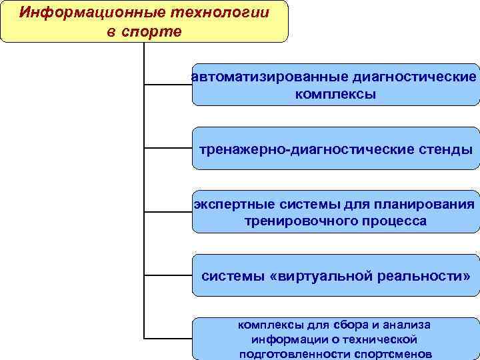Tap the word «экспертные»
click(x=229, y=203)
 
